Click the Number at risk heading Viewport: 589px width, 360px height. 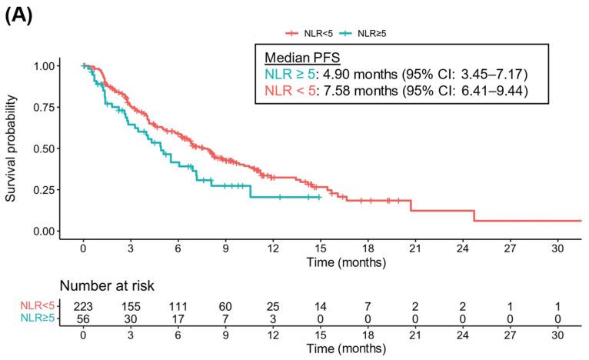107,287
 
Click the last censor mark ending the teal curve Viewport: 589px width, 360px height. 318,198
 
